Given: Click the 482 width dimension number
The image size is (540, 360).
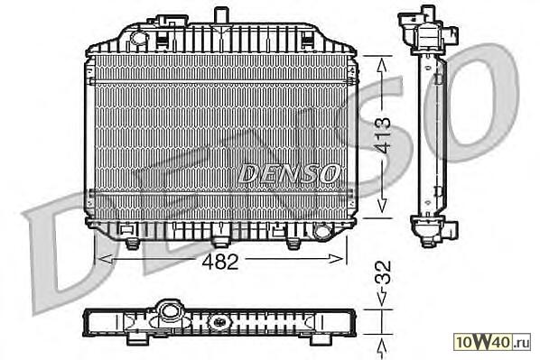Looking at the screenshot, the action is [x=220, y=262].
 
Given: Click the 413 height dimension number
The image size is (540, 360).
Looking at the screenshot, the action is [x=383, y=135].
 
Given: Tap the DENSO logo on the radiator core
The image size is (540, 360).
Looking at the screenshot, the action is [x=289, y=173].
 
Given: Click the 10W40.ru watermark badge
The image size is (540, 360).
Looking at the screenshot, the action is [x=492, y=342].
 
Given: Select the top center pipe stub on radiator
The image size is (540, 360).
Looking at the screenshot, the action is [x=221, y=15].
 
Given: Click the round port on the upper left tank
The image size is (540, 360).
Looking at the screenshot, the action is [x=139, y=37].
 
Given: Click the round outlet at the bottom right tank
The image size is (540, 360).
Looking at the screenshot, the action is [x=322, y=231].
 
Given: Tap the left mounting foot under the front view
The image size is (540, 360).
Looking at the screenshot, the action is [x=132, y=244].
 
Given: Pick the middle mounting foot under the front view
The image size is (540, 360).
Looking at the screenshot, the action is [x=220, y=243].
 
